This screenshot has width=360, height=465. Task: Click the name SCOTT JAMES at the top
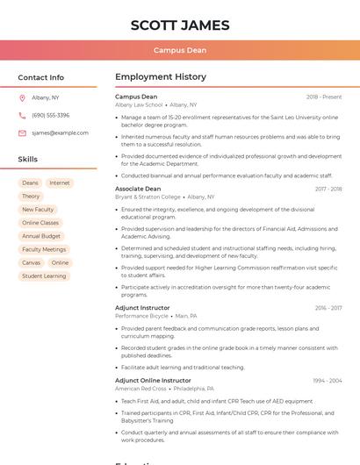(180, 25)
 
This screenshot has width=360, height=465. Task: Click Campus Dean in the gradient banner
(180, 50)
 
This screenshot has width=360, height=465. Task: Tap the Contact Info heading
(41, 77)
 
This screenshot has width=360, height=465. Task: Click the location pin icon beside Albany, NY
(22, 98)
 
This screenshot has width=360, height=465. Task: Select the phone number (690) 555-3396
(50, 116)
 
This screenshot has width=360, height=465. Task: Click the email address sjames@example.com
(60, 133)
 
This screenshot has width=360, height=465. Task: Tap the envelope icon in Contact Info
(22, 133)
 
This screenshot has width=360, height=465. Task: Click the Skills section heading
(28, 160)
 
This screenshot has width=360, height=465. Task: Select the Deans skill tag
(30, 183)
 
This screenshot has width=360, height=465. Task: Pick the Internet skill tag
(60, 183)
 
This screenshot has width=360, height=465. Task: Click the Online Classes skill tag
(40, 223)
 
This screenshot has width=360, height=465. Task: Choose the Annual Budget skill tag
(41, 236)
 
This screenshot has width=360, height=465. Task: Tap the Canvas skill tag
(31, 262)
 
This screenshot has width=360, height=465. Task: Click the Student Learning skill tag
(44, 275)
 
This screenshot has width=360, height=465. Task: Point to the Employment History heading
(161, 77)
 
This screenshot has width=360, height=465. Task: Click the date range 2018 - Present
(324, 97)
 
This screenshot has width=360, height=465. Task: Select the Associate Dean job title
(138, 189)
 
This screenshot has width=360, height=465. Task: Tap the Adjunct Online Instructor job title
(153, 381)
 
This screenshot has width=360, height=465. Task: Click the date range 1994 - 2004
(328, 381)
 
